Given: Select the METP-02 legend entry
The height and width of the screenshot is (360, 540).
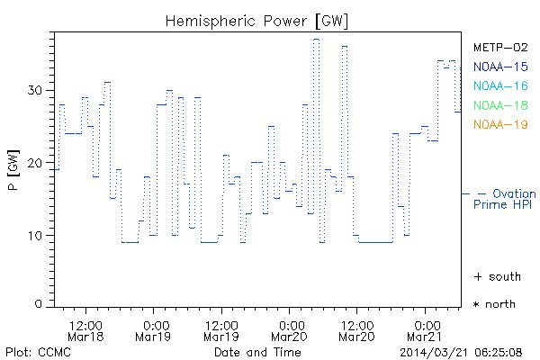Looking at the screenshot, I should tap(500, 48).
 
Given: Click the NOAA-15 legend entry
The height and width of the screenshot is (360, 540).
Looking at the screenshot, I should tap(500, 67).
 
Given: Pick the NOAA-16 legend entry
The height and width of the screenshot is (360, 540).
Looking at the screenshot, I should tap(500, 86).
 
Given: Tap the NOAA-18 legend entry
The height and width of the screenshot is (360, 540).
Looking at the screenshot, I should tap(500, 105).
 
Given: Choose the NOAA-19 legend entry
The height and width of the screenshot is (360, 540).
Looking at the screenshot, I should tap(500, 124).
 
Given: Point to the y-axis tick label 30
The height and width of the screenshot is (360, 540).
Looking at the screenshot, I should tap(35, 90).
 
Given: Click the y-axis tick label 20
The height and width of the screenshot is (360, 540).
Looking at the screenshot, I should tap(35, 163).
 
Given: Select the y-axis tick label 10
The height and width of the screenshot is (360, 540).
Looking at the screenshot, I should tap(35, 236).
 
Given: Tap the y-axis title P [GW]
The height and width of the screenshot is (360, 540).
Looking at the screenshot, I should tap(13, 171).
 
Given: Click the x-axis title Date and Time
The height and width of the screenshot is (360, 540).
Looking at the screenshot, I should tap(257, 351).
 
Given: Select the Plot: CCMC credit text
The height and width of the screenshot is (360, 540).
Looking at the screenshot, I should tap(34, 351).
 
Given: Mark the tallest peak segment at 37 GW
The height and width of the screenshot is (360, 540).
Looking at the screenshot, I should tap(316, 39).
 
